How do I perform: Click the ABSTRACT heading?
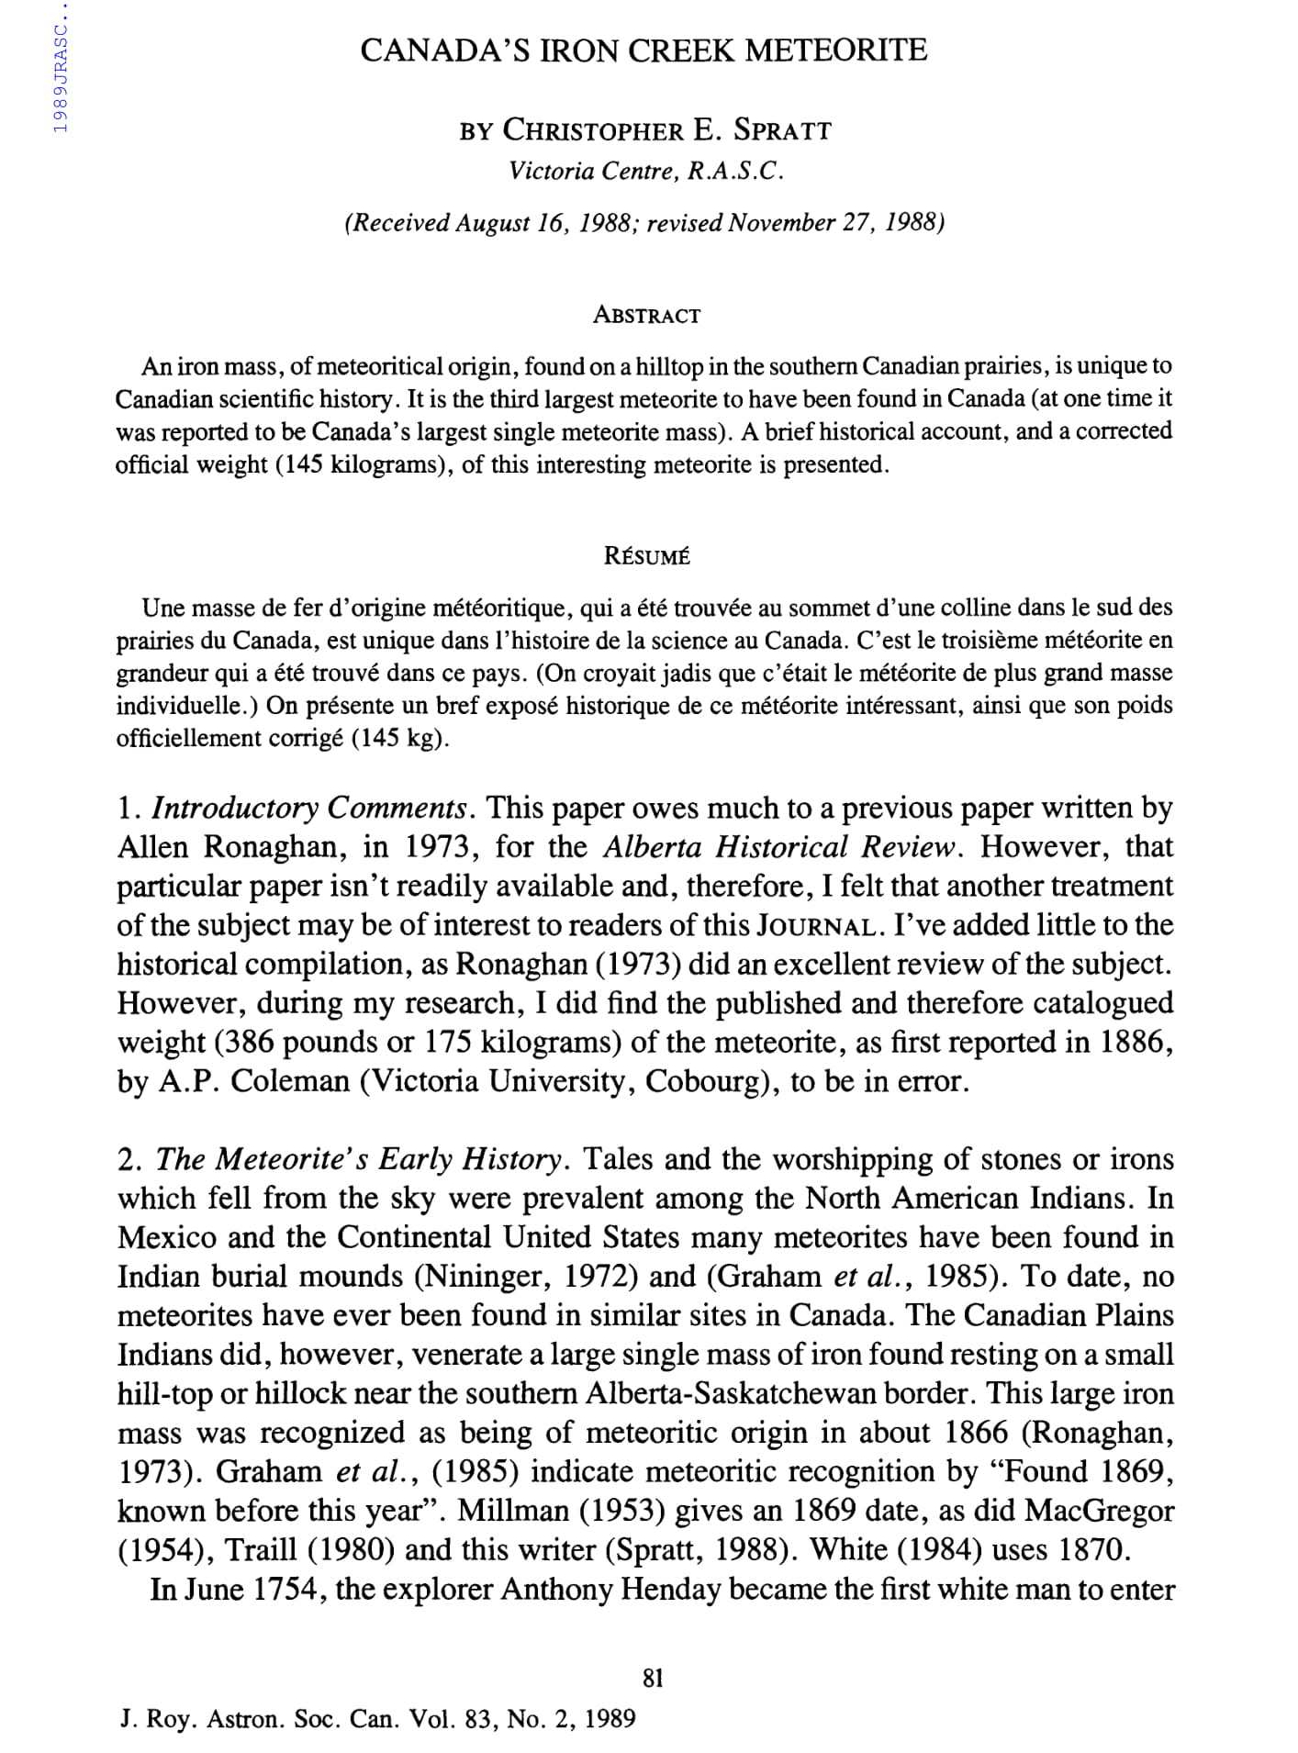[x=646, y=316]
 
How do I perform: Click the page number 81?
[x=652, y=1678]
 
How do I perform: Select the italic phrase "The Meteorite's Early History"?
[x=358, y=1160]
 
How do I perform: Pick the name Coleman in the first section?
[x=290, y=1081]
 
